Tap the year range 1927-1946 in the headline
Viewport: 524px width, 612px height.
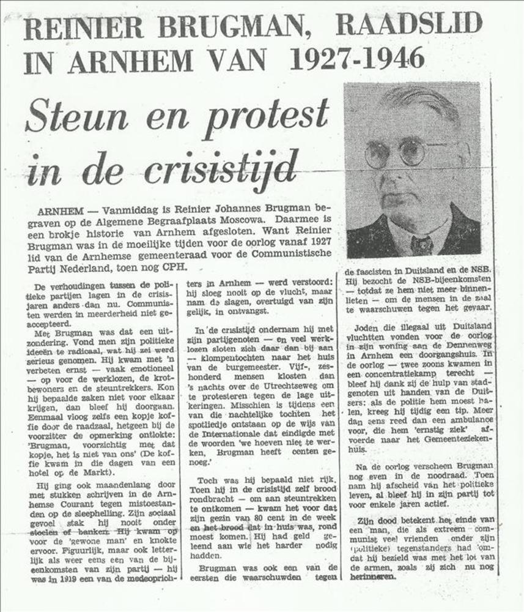356,59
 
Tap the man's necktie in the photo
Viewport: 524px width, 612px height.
421,245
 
